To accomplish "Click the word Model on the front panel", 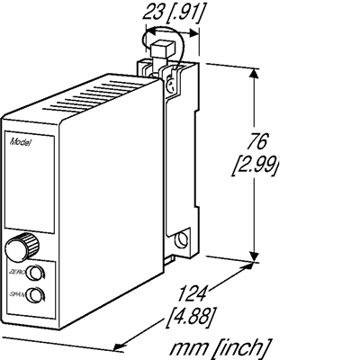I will click(x=19, y=142).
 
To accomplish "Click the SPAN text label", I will click(x=14, y=293).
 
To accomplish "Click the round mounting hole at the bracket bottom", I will click(x=182, y=240).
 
